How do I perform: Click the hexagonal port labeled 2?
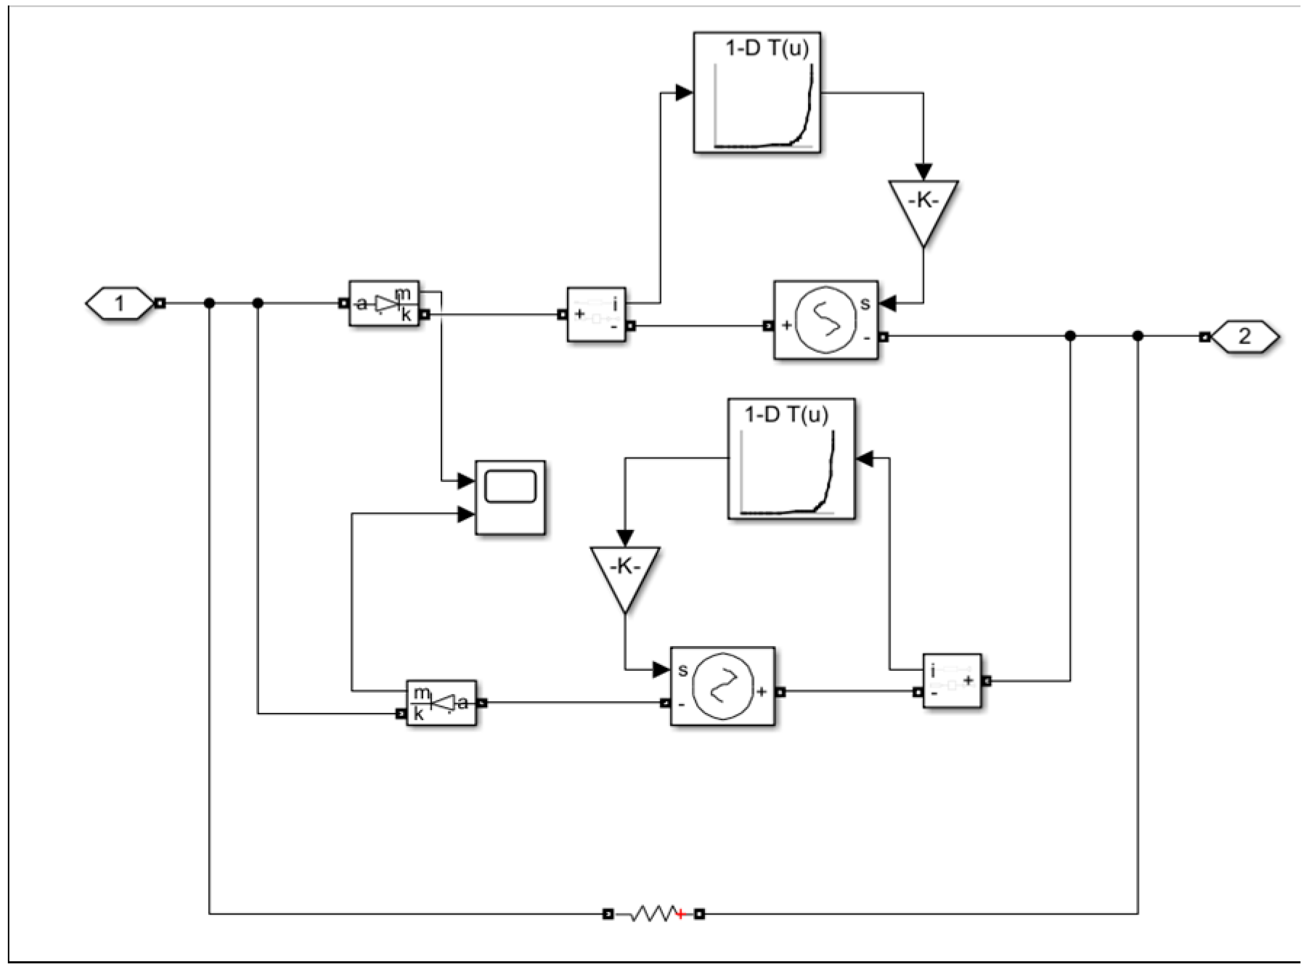click(x=1244, y=337)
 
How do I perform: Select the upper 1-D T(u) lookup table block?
click(x=757, y=93)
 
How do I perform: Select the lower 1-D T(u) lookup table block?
click(x=791, y=459)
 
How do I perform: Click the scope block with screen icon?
click(x=510, y=498)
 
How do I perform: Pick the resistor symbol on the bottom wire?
click(x=653, y=913)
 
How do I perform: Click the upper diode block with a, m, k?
click(x=384, y=303)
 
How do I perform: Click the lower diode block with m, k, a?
click(x=441, y=703)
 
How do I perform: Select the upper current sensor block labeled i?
click(x=596, y=314)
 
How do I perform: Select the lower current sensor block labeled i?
click(x=952, y=681)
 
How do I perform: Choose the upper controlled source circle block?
click(x=825, y=320)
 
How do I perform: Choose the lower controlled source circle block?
click(x=722, y=686)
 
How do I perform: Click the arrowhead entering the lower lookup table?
click(x=865, y=458)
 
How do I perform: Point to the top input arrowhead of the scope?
click(x=466, y=481)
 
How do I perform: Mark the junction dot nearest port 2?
click(x=1138, y=336)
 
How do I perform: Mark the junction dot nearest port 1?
click(x=209, y=303)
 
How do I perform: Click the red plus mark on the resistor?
click(x=681, y=914)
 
